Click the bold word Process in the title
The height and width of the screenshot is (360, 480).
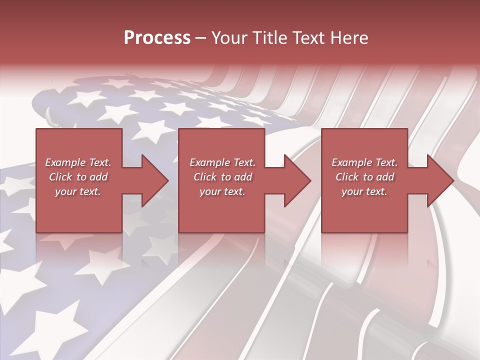point(157,38)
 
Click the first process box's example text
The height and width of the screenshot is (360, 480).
point(78,177)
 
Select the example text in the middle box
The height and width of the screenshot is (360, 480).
point(222,177)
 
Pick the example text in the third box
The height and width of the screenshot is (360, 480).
point(364,177)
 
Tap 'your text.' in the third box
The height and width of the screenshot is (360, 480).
point(364,191)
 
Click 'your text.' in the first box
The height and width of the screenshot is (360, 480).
point(78,191)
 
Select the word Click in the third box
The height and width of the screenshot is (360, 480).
point(347,177)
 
